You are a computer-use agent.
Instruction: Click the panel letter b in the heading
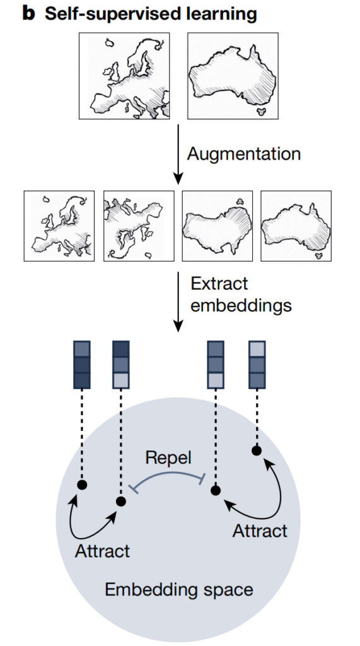tap(29, 15)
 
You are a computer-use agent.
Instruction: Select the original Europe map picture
tap(124, 76)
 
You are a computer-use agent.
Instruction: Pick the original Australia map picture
tap(233, 76)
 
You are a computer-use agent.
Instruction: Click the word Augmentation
tap(244, 154)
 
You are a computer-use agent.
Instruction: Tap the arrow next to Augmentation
tap(178, 154)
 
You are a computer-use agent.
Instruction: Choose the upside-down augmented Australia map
tap(218, 226)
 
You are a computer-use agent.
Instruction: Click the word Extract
tap(219, 283)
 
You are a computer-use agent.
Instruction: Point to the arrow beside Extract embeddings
tap(178, 302)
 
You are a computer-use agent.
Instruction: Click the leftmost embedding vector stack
tap(81, 365)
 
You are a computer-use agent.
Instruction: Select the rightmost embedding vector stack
tap(257, 365)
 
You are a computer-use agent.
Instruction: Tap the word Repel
tap(169, 458)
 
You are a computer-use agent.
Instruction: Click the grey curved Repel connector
tap(167, 474)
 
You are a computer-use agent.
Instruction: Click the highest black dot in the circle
tap(257, 450)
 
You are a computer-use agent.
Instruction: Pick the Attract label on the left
tap(102, 551)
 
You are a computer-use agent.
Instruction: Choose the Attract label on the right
tap(260, 531)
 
